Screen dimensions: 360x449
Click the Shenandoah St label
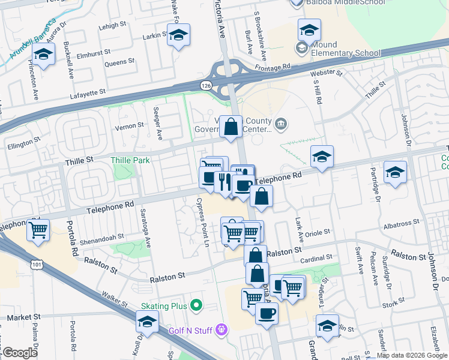(103, 236)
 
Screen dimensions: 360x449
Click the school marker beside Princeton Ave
(43, 55)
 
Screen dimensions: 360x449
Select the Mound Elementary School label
(346, 48)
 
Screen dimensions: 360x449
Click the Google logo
(20, 353)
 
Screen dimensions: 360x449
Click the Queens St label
(119, 62)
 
